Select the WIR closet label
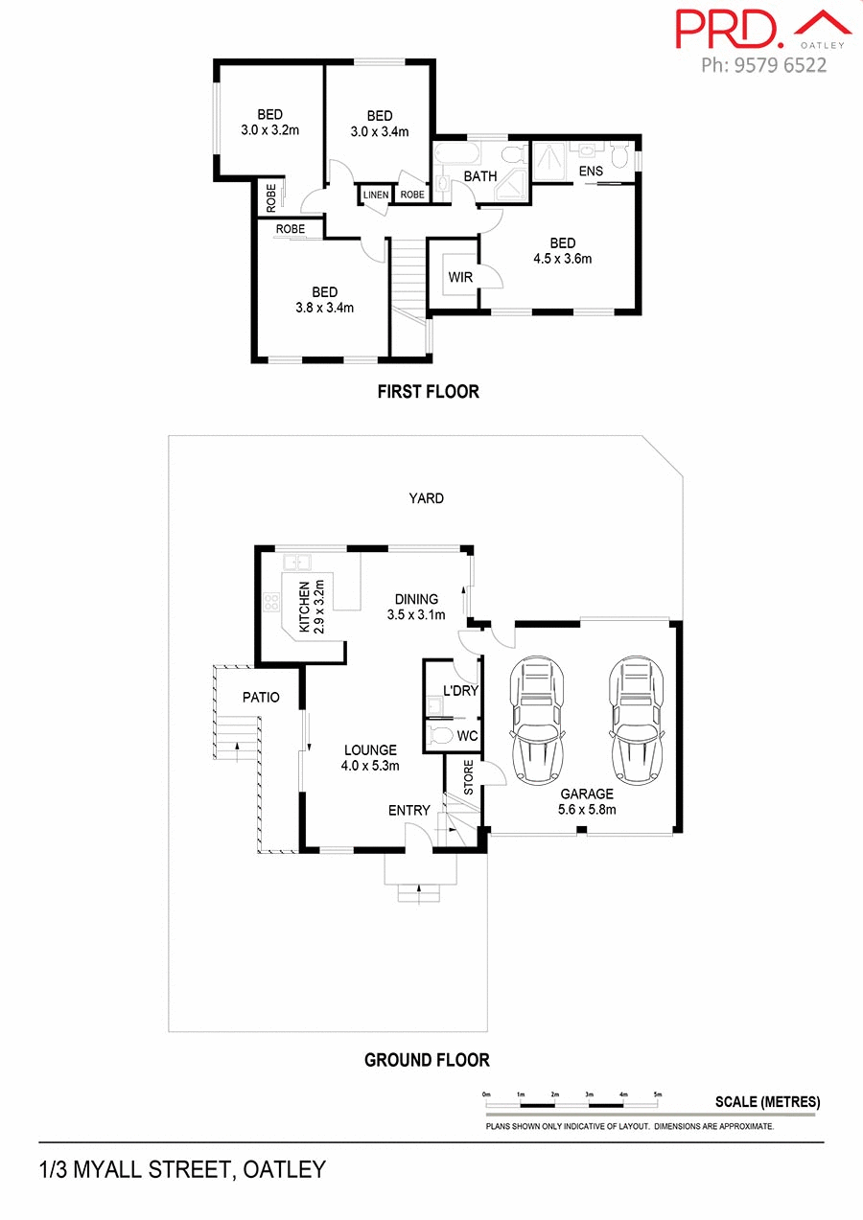[x=460, y=278]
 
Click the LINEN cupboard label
[x=376, y=195]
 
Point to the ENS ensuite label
[x=591, y=172]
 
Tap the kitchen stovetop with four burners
[x=271, y=604]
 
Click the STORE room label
[x=469, y=779]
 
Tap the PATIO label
[x=260, y=698]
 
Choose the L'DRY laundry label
[x=460, y=691]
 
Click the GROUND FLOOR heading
[x=427, y=1060]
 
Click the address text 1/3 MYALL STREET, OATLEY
[x=182, y=1169]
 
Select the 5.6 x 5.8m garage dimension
[x=587, y=809]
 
